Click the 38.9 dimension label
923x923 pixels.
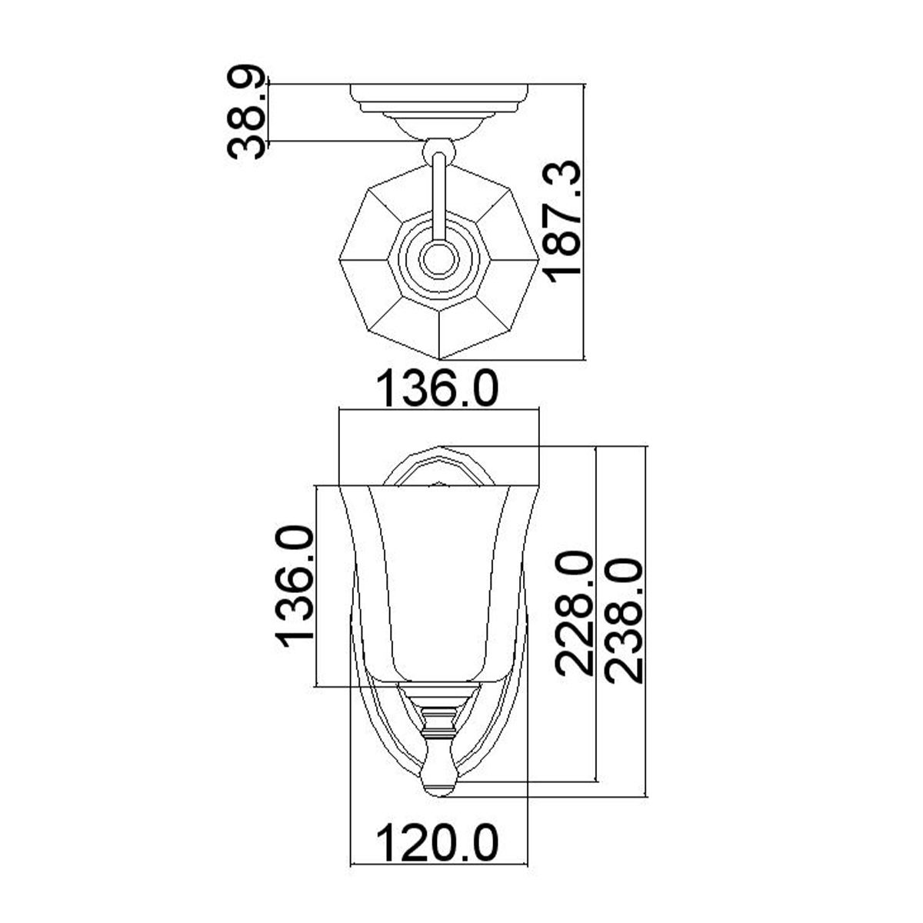pos(246,113)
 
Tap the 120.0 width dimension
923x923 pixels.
pos(438,842)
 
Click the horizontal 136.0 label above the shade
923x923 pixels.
pos(438,391)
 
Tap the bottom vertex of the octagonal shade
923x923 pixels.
pos(439,359)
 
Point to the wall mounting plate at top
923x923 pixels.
pos(439,94)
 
